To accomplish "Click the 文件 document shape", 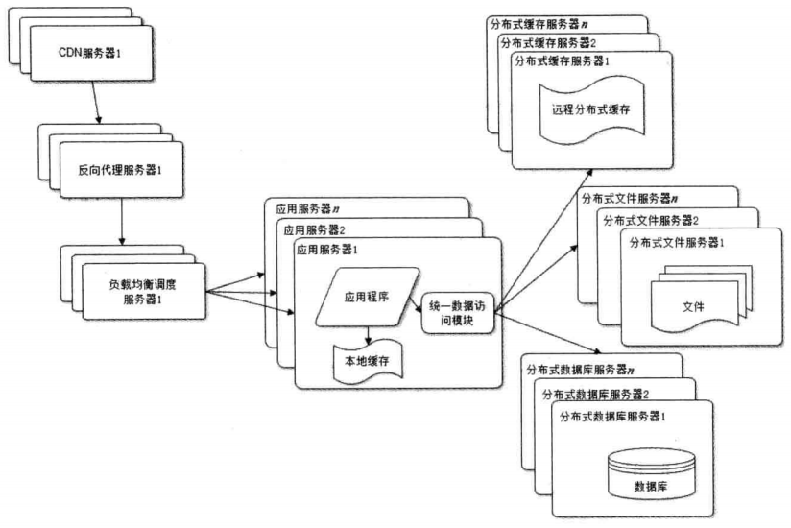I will pos(693,305).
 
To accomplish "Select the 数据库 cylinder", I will pos(651,486).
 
